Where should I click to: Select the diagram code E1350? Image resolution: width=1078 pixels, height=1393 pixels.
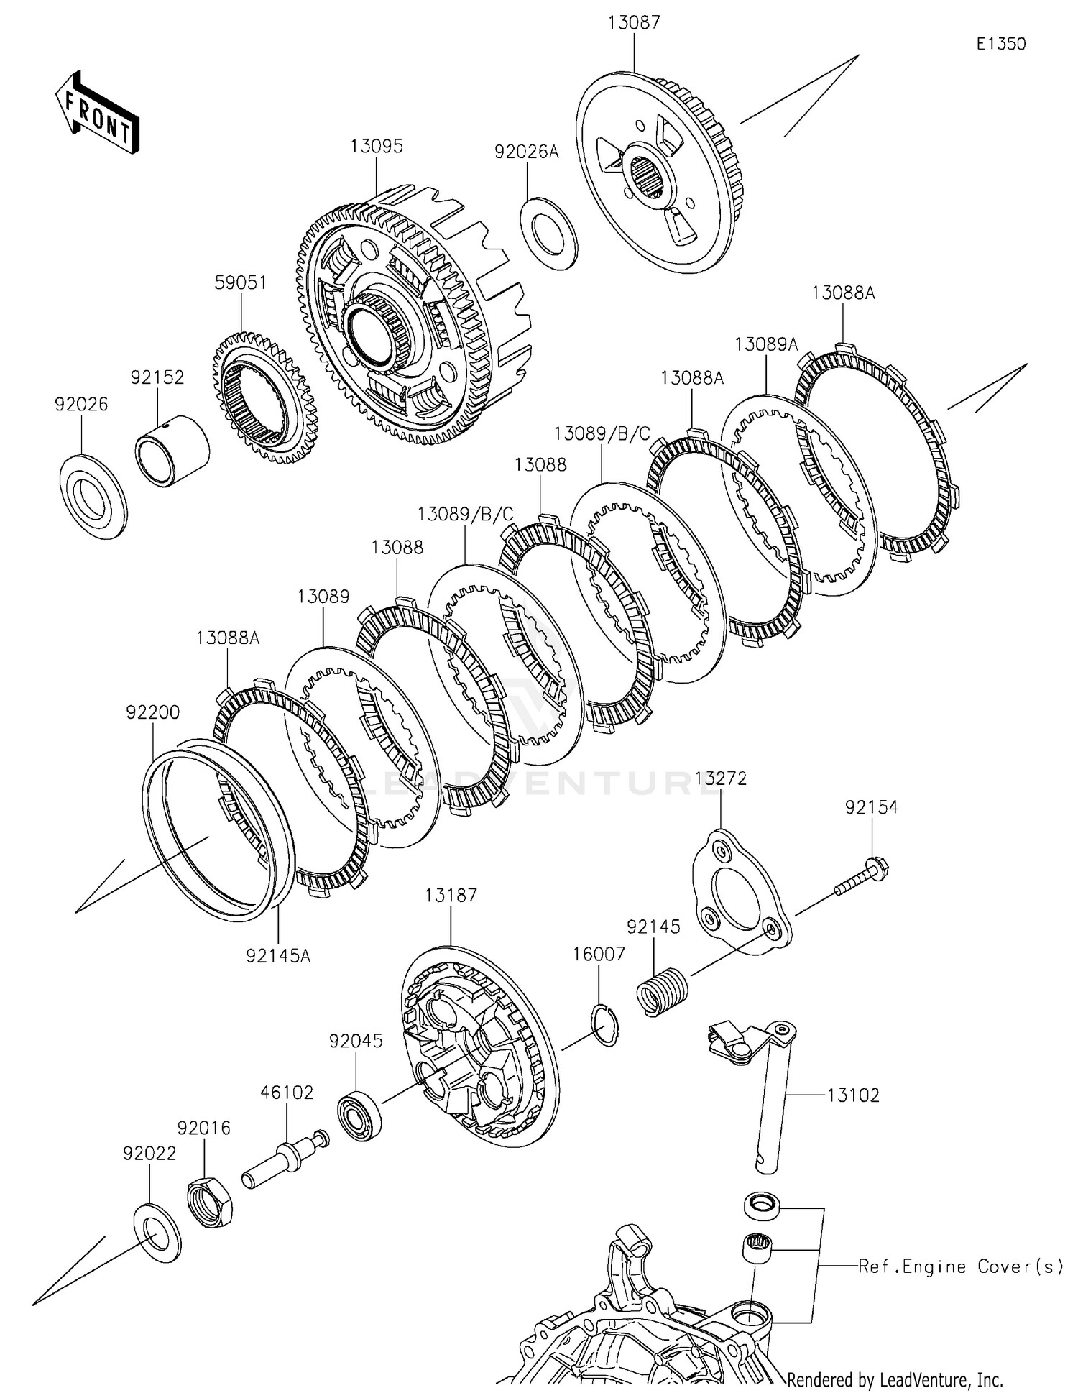[x=1000, y=45]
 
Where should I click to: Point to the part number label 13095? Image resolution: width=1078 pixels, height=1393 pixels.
[x=377, y=147]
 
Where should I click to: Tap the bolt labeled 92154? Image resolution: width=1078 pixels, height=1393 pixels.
[x=861, y=877]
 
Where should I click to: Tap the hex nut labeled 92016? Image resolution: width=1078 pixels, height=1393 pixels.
[x=209, y=1203]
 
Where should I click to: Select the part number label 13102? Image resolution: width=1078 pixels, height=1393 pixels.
[x=853, y=1095]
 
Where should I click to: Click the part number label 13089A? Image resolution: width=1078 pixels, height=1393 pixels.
[x=766, y=344]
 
